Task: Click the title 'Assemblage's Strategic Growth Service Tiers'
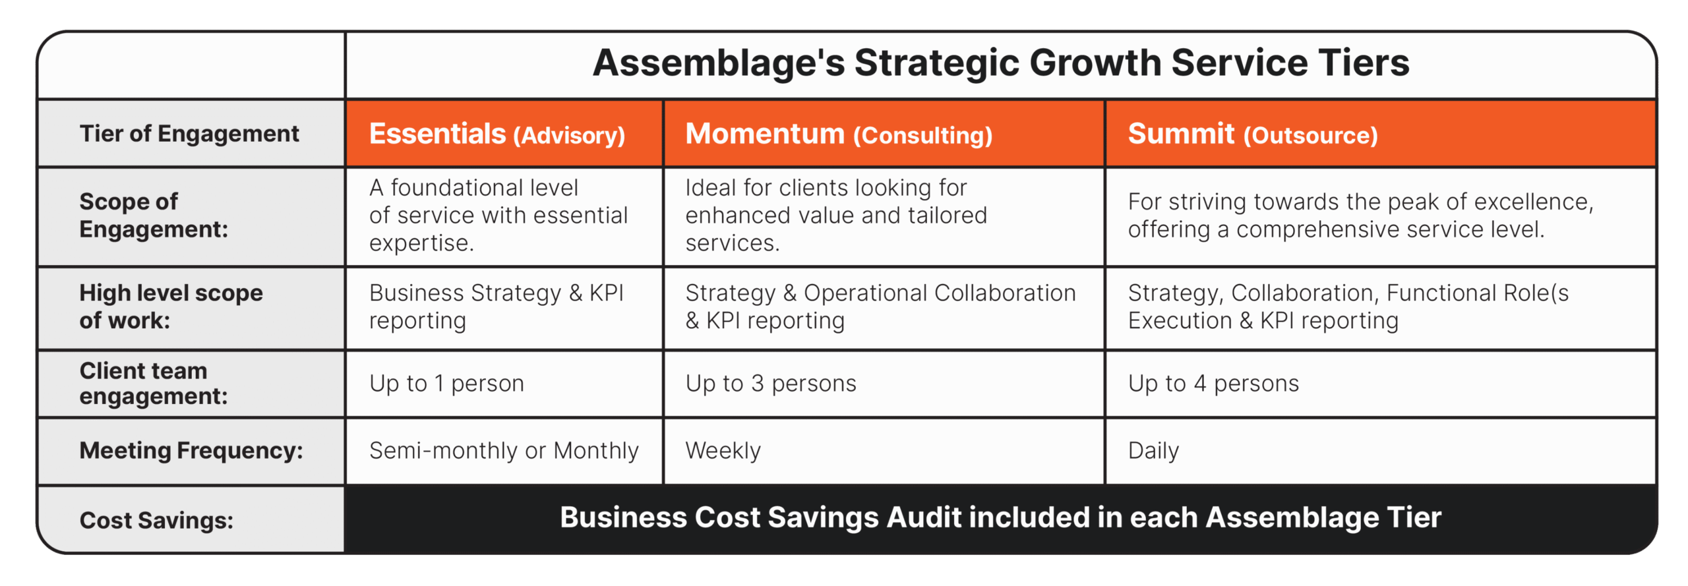(x=1000, y=63)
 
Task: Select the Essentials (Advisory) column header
(x=504, y=134)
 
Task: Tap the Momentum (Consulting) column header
(x=884, y=134)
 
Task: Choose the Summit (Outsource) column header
(x=1381, y=134)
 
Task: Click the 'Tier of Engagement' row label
(x=189, y=134)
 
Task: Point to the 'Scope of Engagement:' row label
(x=154, y=216)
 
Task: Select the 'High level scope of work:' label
(x=171, y=307)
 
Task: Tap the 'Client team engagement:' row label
(x=154, y=384)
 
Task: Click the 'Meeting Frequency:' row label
(x=191, y=451)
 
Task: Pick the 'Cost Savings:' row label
(x=156, y=521)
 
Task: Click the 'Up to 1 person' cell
(x=446, y=384)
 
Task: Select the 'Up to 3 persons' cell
(x=771, y=384)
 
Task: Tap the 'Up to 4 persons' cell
(x=1213, y=384)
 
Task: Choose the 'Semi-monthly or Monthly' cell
(x=504, y=451)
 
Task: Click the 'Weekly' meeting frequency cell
(x=723, y=451)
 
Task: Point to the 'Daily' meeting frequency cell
(x=1153, y=451)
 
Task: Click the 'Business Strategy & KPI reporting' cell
(x=497, y=307)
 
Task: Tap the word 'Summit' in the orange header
(x=1181, y=133)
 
